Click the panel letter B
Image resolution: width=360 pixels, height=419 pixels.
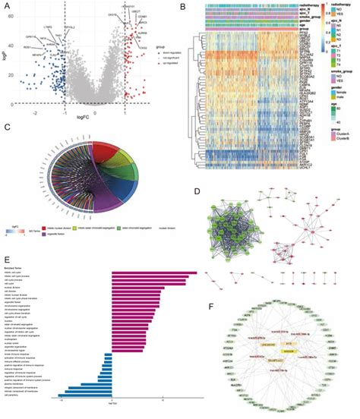(x=185, y=6)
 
